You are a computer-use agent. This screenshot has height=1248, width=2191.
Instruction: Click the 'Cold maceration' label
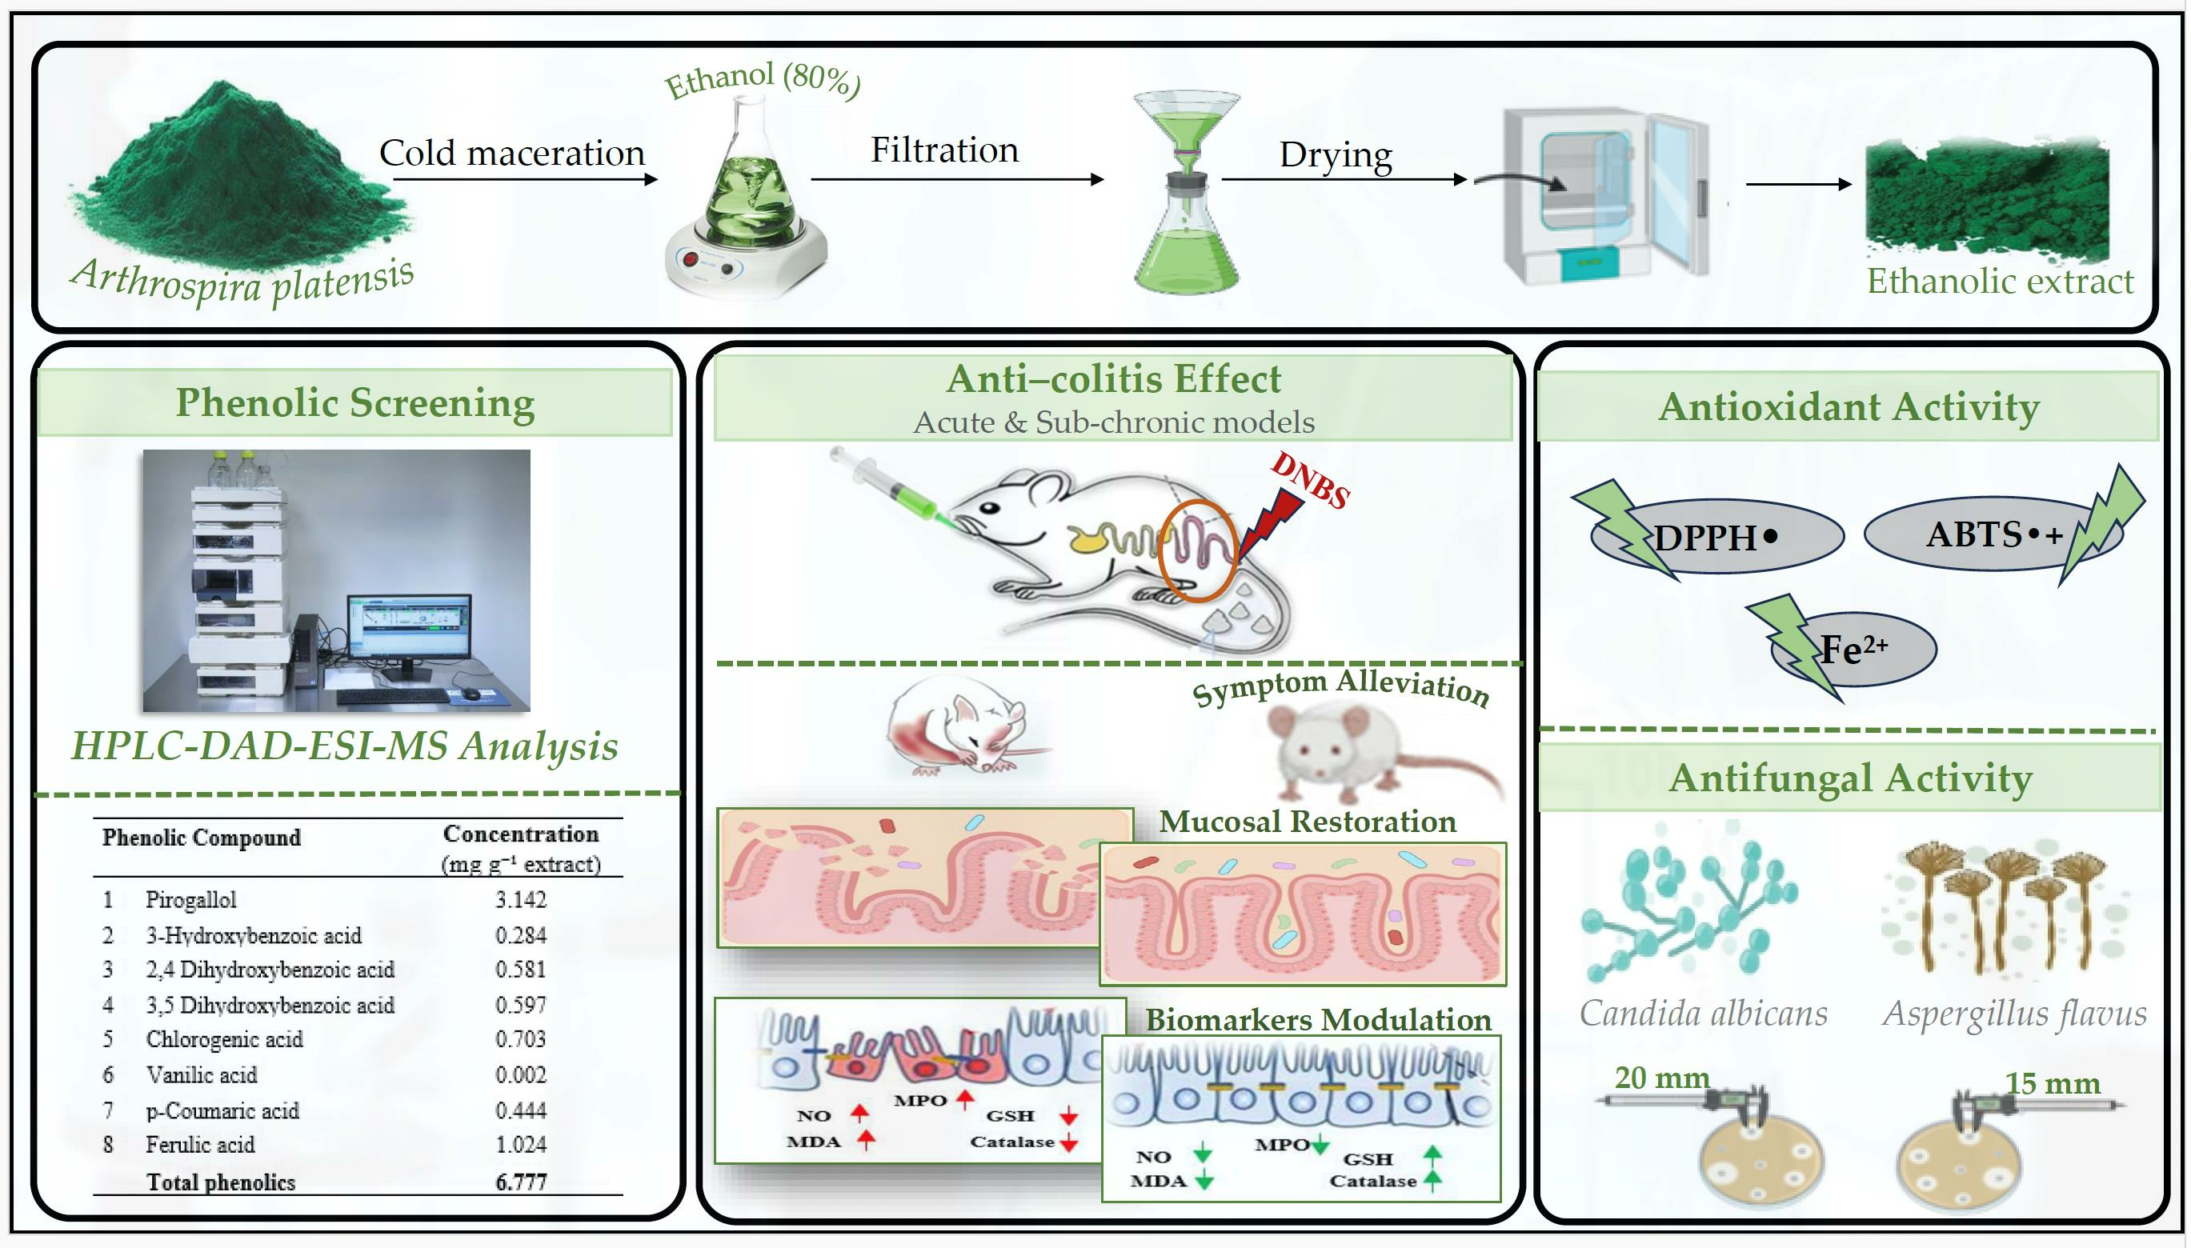pyautogui.click(x=512, y=154)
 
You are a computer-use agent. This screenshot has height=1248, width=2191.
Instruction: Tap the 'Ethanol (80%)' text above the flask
pyautogui.click(x=763, y=81)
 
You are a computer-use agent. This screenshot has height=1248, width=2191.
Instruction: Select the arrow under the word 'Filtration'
pyautogui.click(x=958, y=179)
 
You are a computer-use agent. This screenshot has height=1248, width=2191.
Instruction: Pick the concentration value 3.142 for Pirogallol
pyautogui.click(x=520, y=899)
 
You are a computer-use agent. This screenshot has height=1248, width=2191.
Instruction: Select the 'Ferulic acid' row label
pyautogui.click(x=200, y=1144)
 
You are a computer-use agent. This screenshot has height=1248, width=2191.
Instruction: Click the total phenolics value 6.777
pyautogui.click(x=520, y=1182)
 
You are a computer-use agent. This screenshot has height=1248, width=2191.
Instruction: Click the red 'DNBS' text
pyautogui.click(x=1311, y=479)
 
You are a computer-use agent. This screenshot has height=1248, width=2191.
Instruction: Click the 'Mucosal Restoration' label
pyautogui.click(x=1308, y=821)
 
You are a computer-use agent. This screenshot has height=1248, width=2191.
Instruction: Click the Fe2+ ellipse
pyautogui.click(x=1853, y=649)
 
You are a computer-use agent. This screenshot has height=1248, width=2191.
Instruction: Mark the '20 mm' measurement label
pyautogui.click(x=1662, y=1078)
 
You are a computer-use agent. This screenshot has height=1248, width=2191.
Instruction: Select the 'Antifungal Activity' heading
pyautogui.click(x=1851, y=778)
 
